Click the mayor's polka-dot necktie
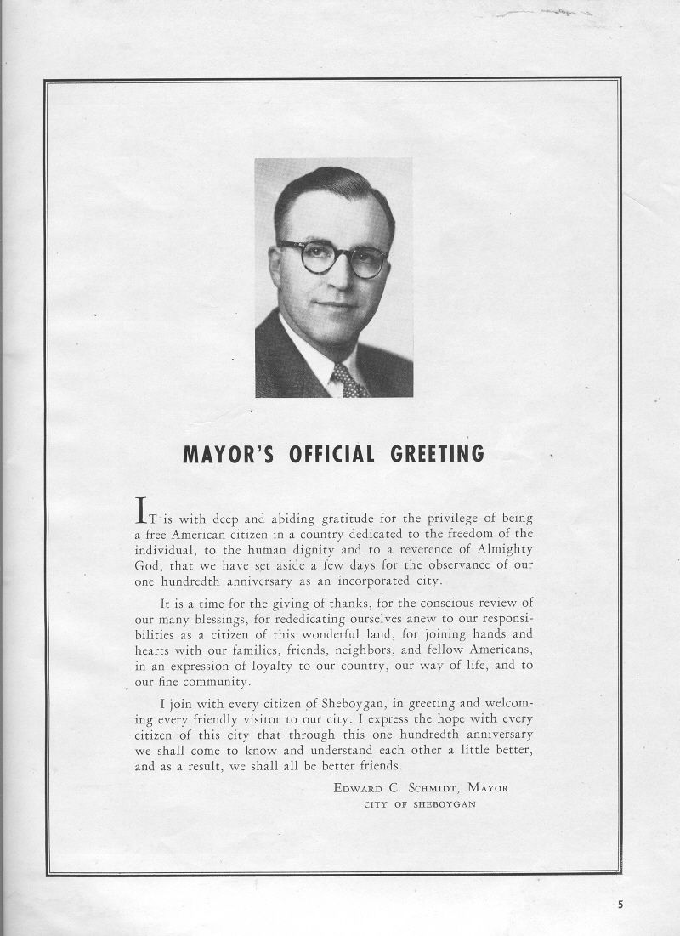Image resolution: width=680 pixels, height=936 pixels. coord(348,380)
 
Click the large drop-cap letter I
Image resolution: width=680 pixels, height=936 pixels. coord(144,510)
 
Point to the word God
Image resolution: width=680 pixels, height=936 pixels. coord(148,565)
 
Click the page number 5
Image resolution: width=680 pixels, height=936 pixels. coord(620,905)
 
